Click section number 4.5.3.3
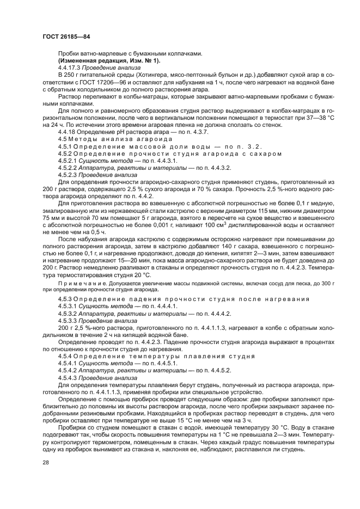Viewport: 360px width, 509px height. point(66,321)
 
